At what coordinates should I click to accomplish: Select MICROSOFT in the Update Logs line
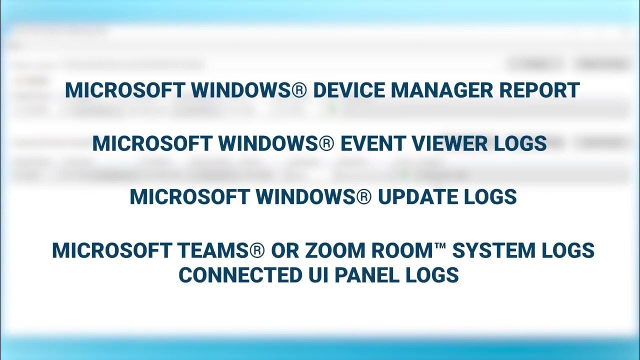190,197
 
